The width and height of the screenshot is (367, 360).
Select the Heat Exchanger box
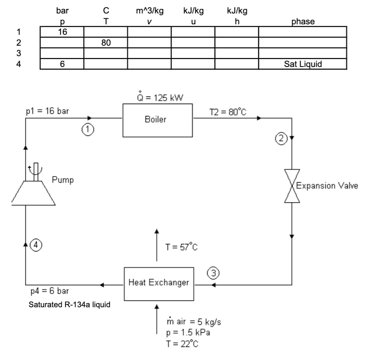[x=159, y=283]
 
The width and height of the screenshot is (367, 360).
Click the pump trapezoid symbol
[x=33, y=193]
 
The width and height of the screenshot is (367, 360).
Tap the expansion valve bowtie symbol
[x=292, y=186]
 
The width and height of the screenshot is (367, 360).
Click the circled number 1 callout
[x=87, y=130]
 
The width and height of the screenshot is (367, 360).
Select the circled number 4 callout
[x=35, y=245]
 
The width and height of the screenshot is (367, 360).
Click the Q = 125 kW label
[x=160, y=98]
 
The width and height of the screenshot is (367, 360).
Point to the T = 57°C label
[x=181, y=247]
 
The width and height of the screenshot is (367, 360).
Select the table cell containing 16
[x=62, y=32]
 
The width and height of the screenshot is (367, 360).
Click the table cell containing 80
[x=106, y=43]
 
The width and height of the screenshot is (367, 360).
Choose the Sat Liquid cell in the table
[x=303, y=64]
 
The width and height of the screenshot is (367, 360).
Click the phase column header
[x=303, y=21]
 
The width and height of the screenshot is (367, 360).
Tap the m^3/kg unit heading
[x=149, y=11]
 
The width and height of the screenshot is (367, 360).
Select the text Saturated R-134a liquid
[x=70, y=305]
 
